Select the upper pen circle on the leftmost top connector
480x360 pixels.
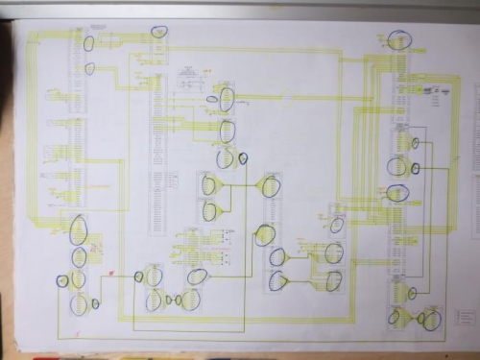(x=89, y=43)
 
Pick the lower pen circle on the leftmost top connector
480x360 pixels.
(x=90, y=68)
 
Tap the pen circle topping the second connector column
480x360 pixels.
(x=158, y=30)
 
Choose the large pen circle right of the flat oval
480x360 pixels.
(x=227, y=100)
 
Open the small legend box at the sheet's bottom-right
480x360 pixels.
(x=465, y=317)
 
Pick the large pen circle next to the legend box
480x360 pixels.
(x=435, y=317)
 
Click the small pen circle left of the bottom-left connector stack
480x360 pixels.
(x=62, y=281)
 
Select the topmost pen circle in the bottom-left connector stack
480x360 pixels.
(x=80, y=230)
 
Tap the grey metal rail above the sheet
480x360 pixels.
(x=240, y=8)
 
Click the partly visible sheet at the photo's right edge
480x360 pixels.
(x=473, y=192)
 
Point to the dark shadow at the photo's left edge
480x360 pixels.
(x=4, y=192)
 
